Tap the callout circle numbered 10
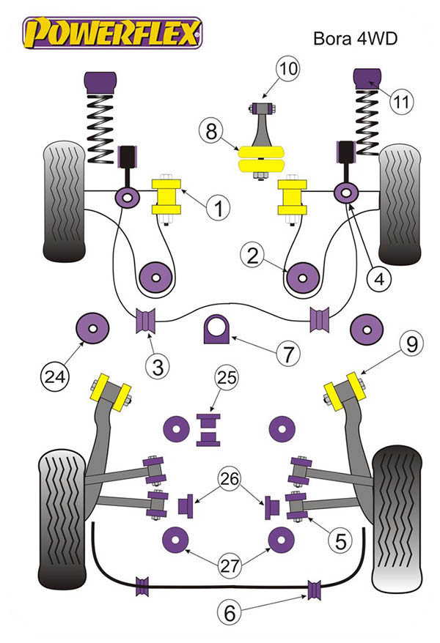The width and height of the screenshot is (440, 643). point(288,70)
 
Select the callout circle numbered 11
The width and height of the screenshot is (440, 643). point(399,103)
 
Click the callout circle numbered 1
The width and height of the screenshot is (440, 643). point(218,209)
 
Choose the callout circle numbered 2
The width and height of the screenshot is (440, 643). point(253,256)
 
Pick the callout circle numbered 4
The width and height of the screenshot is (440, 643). point(381,278)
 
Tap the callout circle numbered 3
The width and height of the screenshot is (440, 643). point(157,366)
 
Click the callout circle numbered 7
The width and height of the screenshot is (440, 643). point(287,355)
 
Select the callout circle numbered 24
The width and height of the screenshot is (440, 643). point(56,378)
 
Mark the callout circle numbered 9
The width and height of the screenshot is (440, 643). point(410,341)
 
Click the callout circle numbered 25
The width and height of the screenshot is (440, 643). point(226,379)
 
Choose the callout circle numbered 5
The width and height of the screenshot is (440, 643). point(340,543)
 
